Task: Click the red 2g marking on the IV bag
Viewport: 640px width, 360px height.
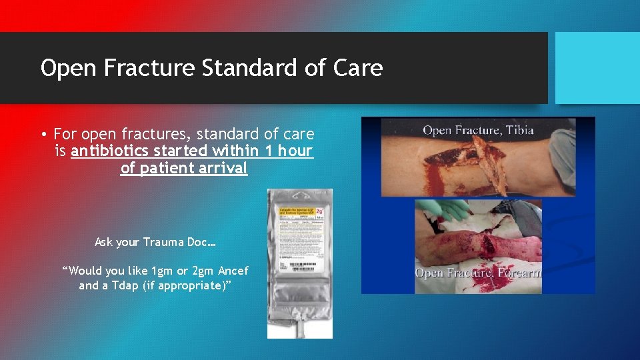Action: tap(320, 210)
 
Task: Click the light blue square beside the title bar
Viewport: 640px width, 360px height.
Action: tap(597, 68)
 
